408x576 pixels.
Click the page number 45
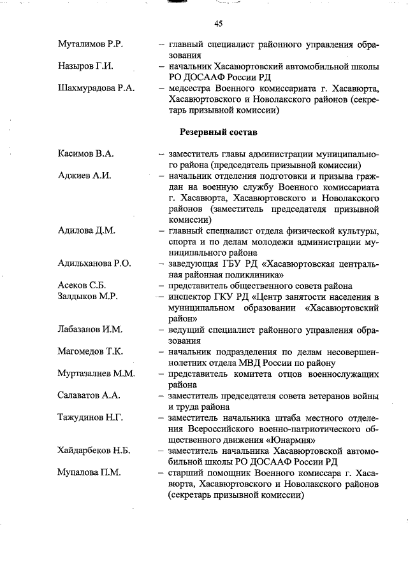pyautogui.click(x=218, y=24)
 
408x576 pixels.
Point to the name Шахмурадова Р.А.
pyautogui.click(x=96, y=88)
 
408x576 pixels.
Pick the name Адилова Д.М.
pyautogui.click(x=87, y=230)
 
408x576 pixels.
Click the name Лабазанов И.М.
pyautogui.click(x=89, y=330)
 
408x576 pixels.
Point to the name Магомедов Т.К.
pyautogui.click(x=90, y=351)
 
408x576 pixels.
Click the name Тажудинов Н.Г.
pyautogui.click(x=90, y=418)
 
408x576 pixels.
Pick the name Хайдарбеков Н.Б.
pyautogui.click(x=94, y=451)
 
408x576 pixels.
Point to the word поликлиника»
pyautogui.click(x=250, y=275)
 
